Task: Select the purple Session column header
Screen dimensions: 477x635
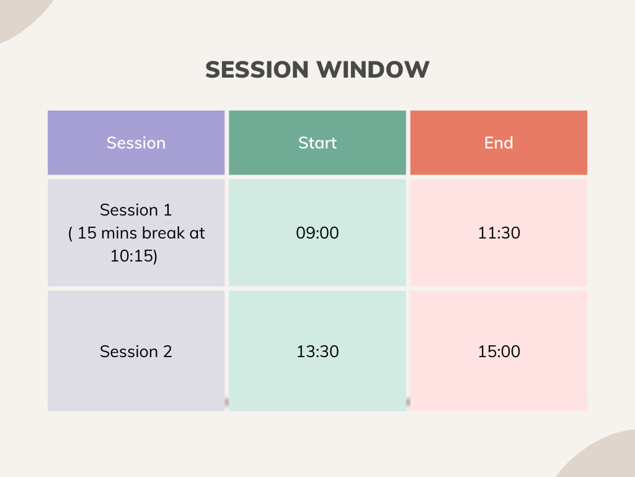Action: (136, 143)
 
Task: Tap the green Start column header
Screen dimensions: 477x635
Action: (317, 143)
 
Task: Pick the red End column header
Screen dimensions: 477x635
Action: (499, 143)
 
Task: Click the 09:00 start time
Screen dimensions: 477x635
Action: (317, 233)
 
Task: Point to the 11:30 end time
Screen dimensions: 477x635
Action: (499, 233)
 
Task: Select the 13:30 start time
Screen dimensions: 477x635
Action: (317, 352)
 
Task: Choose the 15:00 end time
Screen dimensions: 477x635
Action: (499, 352)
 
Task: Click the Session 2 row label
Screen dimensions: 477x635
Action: (136, 352)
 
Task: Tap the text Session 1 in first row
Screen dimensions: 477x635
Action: (136, 210)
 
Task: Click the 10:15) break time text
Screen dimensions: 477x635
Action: (134, 256)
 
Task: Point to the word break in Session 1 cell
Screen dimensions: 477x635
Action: (165, 233)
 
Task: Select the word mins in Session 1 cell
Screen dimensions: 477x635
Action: (120, 233)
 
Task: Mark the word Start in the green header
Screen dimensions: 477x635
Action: (317, 143)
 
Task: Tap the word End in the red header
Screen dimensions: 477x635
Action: (499, 143)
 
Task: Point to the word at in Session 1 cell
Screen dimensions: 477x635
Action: (198, 233)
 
